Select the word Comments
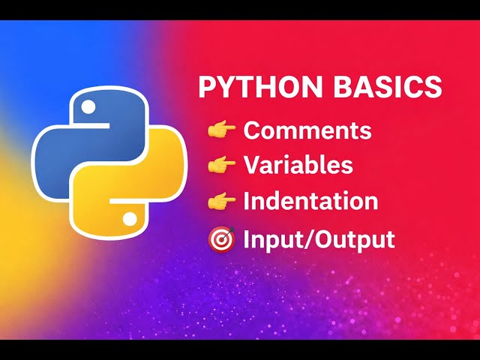click(x=307, y=130)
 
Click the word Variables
click(x=298, y=164)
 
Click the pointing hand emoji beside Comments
click(x=222, y=130)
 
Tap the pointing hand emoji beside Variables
click(x=222, y=165)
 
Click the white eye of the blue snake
click(x=89, y=107)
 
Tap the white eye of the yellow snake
click(x=129, y=218)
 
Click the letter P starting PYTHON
click(x=207, y=88)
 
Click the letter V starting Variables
click(x=252, y=164)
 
